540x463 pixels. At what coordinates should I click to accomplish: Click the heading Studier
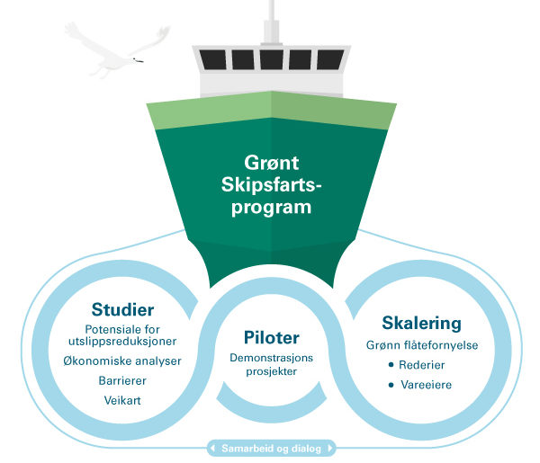pos(122,309)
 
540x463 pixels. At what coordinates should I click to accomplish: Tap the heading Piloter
pos(272,337)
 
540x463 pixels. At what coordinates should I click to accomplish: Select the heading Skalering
pos(421,324)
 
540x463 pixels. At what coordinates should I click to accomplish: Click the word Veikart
pos(122,400)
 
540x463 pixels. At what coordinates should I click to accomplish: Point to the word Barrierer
pos(122,381)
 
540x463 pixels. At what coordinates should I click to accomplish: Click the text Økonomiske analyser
pos(122,361)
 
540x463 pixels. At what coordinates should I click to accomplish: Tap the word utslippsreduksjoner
pos(122,342)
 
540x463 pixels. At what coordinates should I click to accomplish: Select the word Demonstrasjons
pos(272,358)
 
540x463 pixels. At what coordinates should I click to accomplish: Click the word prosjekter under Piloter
pos(272,371)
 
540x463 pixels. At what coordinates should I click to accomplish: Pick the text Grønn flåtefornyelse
pos(422,345)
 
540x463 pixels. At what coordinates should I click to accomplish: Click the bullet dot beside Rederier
pos(391,365)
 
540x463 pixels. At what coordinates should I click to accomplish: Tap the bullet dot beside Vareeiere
pos(391,385)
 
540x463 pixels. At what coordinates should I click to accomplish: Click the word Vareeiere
pos(426,385)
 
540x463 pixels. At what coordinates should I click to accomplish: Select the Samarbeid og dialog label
pos(272,449)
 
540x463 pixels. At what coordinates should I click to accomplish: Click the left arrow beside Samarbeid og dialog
pos(212,449)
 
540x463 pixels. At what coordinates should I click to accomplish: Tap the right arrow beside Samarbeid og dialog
pos(330,449)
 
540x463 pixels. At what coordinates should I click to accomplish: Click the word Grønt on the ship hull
pos(272,163)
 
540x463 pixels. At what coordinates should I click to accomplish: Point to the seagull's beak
pos(139,61)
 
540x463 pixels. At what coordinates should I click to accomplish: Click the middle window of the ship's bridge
pos(272,59)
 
